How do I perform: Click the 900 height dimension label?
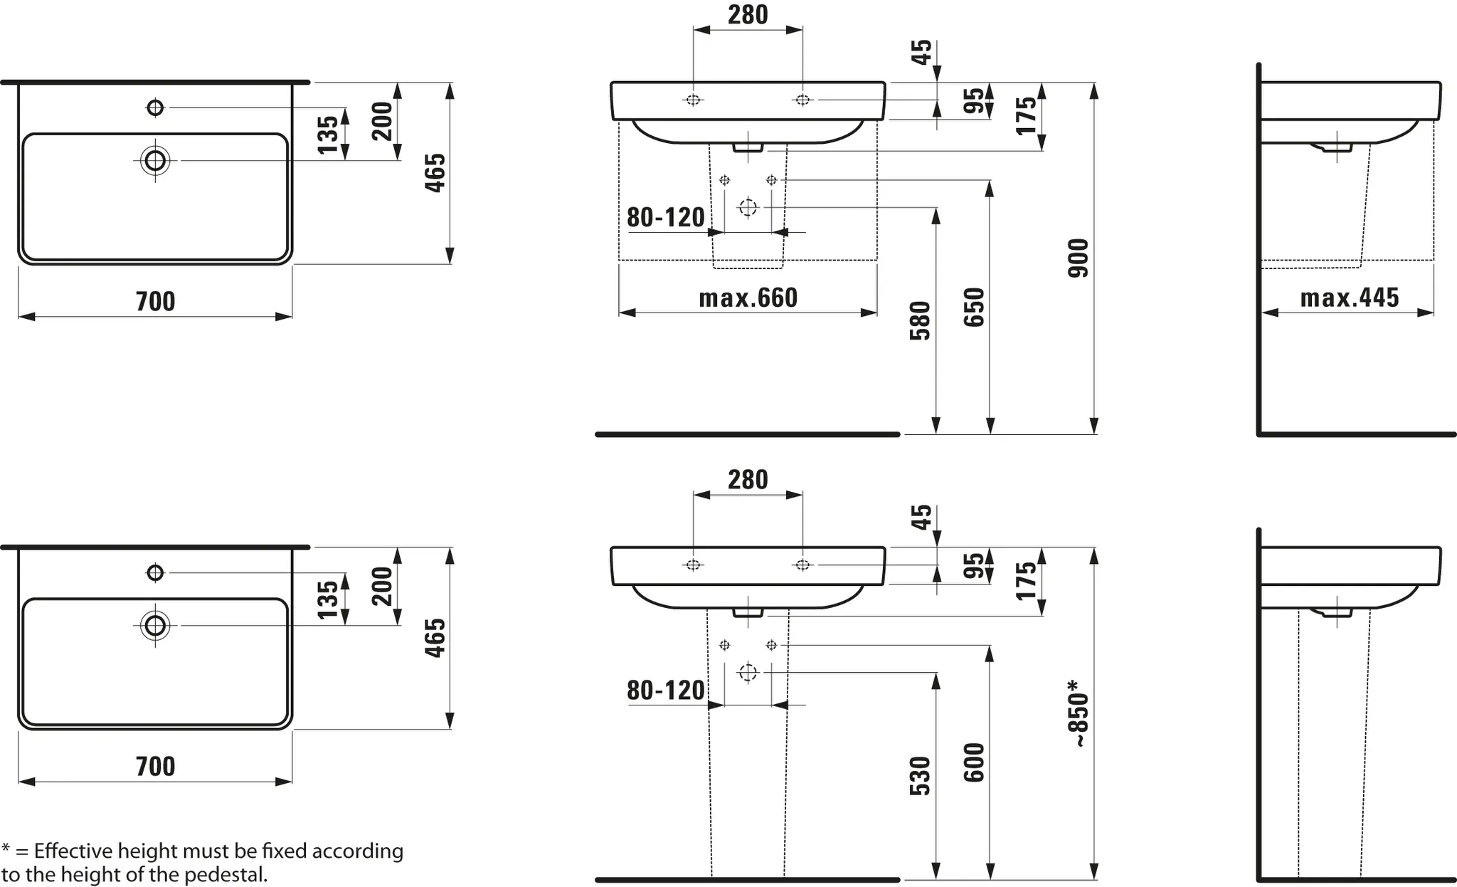[x=1079, y=258]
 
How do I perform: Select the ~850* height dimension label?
[x=1079, y=713]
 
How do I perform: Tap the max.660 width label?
[x=748, y=298]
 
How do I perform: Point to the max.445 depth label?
[x=1349, y=298]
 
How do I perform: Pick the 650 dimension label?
[x=974, y=307]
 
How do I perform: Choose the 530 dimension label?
[x=920, y=775]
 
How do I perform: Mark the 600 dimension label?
[x=974, y=762]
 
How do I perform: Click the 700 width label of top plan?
[x=155, y=301]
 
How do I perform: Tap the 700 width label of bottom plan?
[x=155, y=767]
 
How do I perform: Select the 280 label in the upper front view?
[x=748, y=15]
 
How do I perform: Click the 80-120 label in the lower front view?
[x=665, y=690]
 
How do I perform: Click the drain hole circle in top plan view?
[x=155, y=160]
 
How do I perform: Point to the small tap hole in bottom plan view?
[x=155, y=572]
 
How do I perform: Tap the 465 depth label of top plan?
[x=435, y=172]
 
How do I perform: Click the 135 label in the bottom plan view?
[x=328, y=599]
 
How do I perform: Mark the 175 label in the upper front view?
[x=1026, y=115]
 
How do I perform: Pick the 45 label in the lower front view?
[x=921, y=517]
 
